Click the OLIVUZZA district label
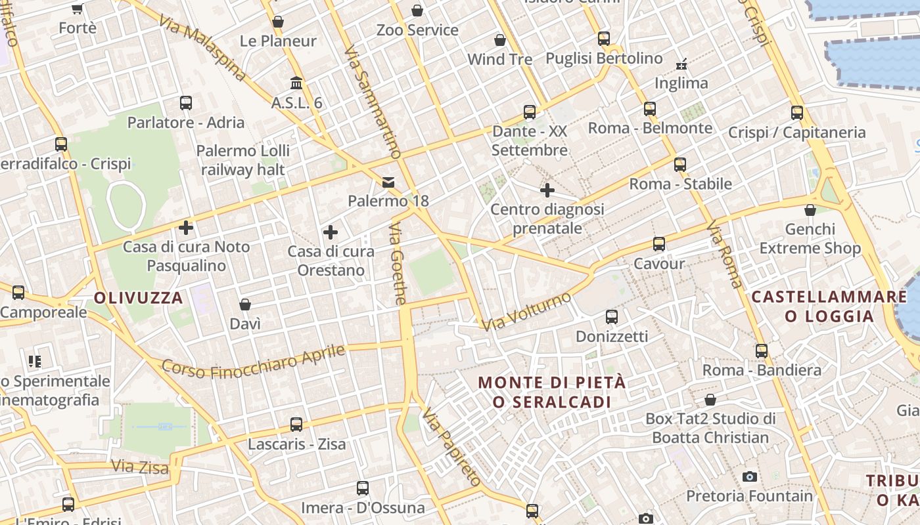[138, 298]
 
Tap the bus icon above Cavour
[659, 244]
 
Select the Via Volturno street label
[526, 312]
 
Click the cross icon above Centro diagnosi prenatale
[547, 190]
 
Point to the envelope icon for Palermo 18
[388, 182]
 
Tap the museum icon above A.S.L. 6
[296, 83]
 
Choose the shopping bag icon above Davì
[245, 304]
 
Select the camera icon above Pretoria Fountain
[749, 476]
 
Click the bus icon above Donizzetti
[612, 317]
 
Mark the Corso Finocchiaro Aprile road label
[253, 362]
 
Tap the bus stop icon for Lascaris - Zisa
[296, 425]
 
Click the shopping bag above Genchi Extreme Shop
[810, 210]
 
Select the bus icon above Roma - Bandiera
[762, 351]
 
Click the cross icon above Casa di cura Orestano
[331, 232]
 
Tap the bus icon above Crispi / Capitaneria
[797, 113]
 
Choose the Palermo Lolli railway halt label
[243, 160]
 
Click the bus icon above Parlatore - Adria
[186, 103]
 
